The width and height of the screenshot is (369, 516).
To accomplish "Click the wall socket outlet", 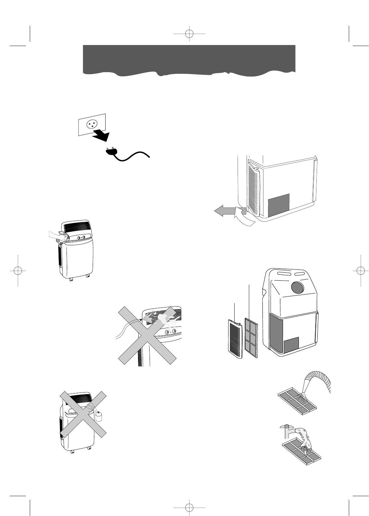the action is (x=92, y=124).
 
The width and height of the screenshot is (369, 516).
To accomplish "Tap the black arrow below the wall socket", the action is (x=102, y=134).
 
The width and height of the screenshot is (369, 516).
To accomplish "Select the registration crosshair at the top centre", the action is (x=189, y=34).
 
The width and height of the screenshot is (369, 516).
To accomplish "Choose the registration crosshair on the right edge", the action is (x=357, y=270).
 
